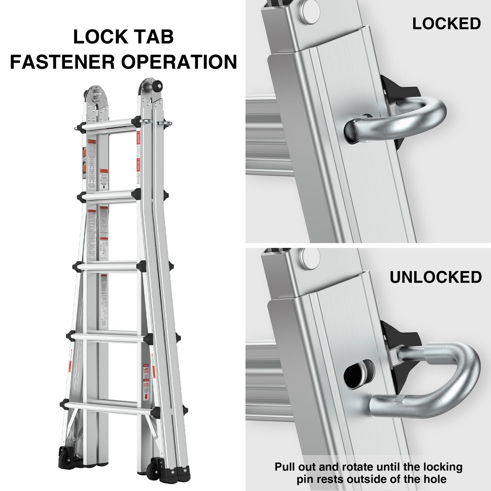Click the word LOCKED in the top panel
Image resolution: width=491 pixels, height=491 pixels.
[446, 24]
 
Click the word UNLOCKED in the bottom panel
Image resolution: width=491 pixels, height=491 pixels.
[436, 277]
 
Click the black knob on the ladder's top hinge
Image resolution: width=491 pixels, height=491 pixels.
[159, 86]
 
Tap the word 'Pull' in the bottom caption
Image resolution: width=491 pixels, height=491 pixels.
[287, 467]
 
